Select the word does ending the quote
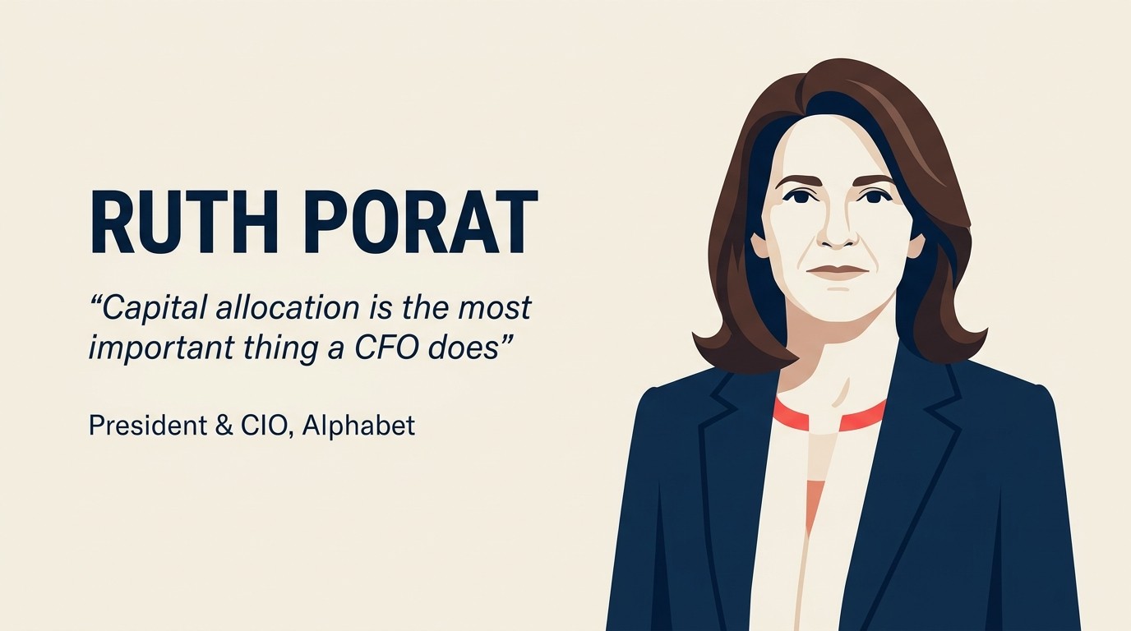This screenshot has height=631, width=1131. click(464, 348)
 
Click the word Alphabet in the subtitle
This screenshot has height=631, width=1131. click(358, 426)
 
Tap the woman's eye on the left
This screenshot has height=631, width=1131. click(795, 196)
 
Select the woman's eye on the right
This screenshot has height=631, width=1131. click(874, 196)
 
